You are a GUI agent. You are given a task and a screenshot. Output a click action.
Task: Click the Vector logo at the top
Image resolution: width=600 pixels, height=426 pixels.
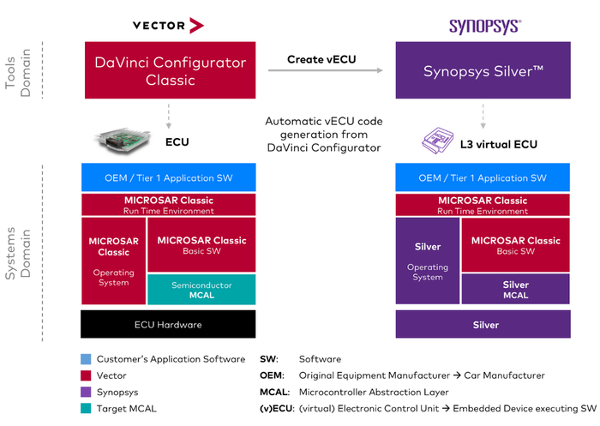[x=168, y=26]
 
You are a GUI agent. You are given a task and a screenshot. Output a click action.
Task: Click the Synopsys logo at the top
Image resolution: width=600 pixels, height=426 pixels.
[x=483, y=26]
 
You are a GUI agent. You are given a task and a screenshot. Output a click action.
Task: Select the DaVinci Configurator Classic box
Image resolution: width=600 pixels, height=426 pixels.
[x=168, y=71]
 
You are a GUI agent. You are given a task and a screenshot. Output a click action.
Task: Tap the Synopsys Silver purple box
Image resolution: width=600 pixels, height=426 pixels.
[x=483, y=71]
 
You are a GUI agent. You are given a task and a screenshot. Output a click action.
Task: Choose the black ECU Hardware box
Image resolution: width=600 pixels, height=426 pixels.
[x=168, y=324]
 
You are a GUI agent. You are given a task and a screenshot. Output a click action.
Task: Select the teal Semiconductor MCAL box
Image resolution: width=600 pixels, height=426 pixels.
[x=201, y=290]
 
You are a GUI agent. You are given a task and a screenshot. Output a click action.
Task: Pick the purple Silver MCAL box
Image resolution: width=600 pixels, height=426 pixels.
[x=516, y=290]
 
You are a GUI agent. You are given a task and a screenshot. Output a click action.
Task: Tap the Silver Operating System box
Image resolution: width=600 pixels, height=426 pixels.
[x=427, y=261]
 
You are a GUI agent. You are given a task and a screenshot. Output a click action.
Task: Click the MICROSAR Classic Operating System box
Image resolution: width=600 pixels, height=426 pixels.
[x=113, y=261]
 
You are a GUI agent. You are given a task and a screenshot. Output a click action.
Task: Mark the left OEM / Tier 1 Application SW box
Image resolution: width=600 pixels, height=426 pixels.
[x=168, y=177]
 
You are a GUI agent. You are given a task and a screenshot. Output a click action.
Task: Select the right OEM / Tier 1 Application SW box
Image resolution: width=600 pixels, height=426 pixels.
[x=483, y=177]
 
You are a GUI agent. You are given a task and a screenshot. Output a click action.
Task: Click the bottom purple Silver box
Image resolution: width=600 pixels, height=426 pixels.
[x=483, y=325]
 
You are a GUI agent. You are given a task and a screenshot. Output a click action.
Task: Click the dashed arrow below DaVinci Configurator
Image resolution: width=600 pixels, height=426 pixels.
[x=168, y=114]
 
